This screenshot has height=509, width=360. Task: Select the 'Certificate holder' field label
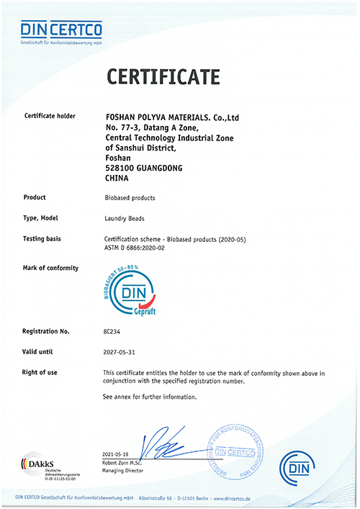[50, 115]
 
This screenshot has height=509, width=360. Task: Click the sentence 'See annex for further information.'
[150, 397]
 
